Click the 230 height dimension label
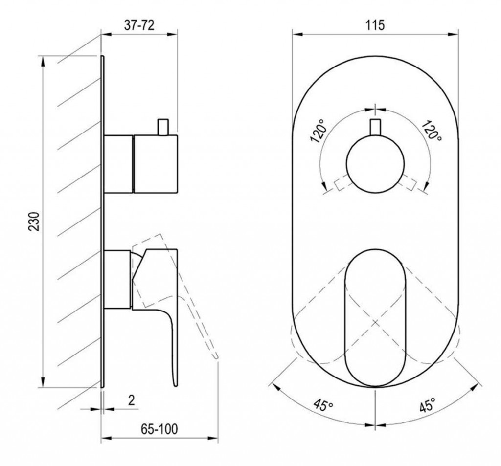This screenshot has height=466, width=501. tap(34, 221)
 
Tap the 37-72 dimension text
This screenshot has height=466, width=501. tap(139, 25)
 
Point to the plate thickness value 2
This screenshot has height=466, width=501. tap(131, 400)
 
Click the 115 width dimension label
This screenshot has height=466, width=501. tap(375, 25)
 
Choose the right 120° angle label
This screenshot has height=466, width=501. tap(432, 131)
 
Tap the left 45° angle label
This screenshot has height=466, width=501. tap(323, 405)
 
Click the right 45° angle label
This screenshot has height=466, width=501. tap(427, 405)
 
